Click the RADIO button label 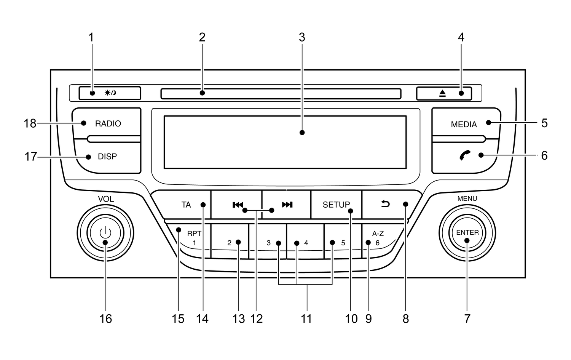pos(108,123)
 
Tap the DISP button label pos(107,157)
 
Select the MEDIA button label pos(464,125)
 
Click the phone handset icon pos(465,155)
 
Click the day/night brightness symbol pos(110,93)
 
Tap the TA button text pos(186,205)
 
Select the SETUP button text pos(336,205)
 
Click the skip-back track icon pos(238,205)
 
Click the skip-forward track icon pos(287,205)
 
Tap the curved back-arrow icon pos(386,205)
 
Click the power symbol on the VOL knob pos(105,232)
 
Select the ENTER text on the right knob pos(467,232)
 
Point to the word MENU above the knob pos(467,198)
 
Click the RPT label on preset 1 pos(194,234)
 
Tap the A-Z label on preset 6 pos(378,234)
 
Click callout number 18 pos(30,123)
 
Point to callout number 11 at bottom pos(306,318)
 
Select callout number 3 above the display pos(302,37)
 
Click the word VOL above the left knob pos(106,199)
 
